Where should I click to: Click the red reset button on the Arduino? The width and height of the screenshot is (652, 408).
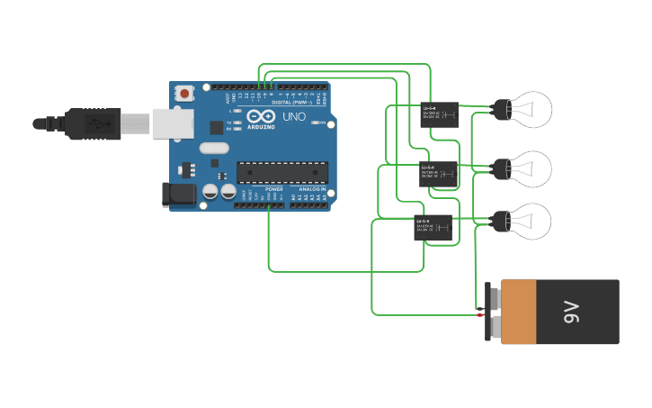(x=185, y=93)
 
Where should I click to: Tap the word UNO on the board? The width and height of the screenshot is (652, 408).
(x=294, y=117)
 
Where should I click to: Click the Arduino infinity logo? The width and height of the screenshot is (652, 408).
(x=262, y=117)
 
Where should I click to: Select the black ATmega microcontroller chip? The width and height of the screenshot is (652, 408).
(x=281, y=171)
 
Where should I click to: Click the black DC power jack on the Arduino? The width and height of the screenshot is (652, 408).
(x=177, y=195)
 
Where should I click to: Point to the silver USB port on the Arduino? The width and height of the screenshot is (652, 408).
(x=173, y=123)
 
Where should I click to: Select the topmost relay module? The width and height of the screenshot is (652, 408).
(x=439, y=115)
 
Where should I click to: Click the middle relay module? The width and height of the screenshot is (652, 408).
(x=439, y=173)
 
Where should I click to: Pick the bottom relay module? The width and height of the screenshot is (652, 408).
(x=433, y=227)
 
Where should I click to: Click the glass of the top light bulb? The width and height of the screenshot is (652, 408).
(x=532, y=110)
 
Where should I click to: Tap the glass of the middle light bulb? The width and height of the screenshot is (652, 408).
(x=532, y=168)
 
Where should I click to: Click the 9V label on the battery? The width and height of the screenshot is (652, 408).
(x=572, y=312)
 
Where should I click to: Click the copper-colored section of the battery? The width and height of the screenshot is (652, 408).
(x=519, y=312)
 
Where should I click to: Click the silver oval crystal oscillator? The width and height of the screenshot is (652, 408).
(x=214, y=148)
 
